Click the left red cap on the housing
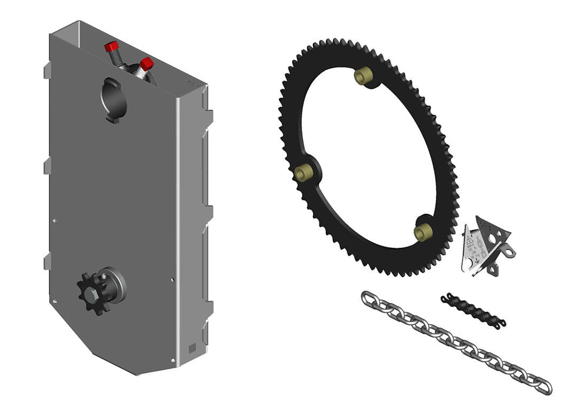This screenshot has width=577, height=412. [111, 46]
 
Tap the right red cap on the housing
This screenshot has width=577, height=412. [146, 63]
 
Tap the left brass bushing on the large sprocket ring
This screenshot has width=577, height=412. [304, 172]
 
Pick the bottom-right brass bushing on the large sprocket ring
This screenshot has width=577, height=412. [423, 232]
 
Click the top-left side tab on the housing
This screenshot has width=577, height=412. [47, 72]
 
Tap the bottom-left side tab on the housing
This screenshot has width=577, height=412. [47, 261]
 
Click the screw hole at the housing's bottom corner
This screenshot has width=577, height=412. [173, 359]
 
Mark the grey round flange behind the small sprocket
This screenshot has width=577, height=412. [116, 285]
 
